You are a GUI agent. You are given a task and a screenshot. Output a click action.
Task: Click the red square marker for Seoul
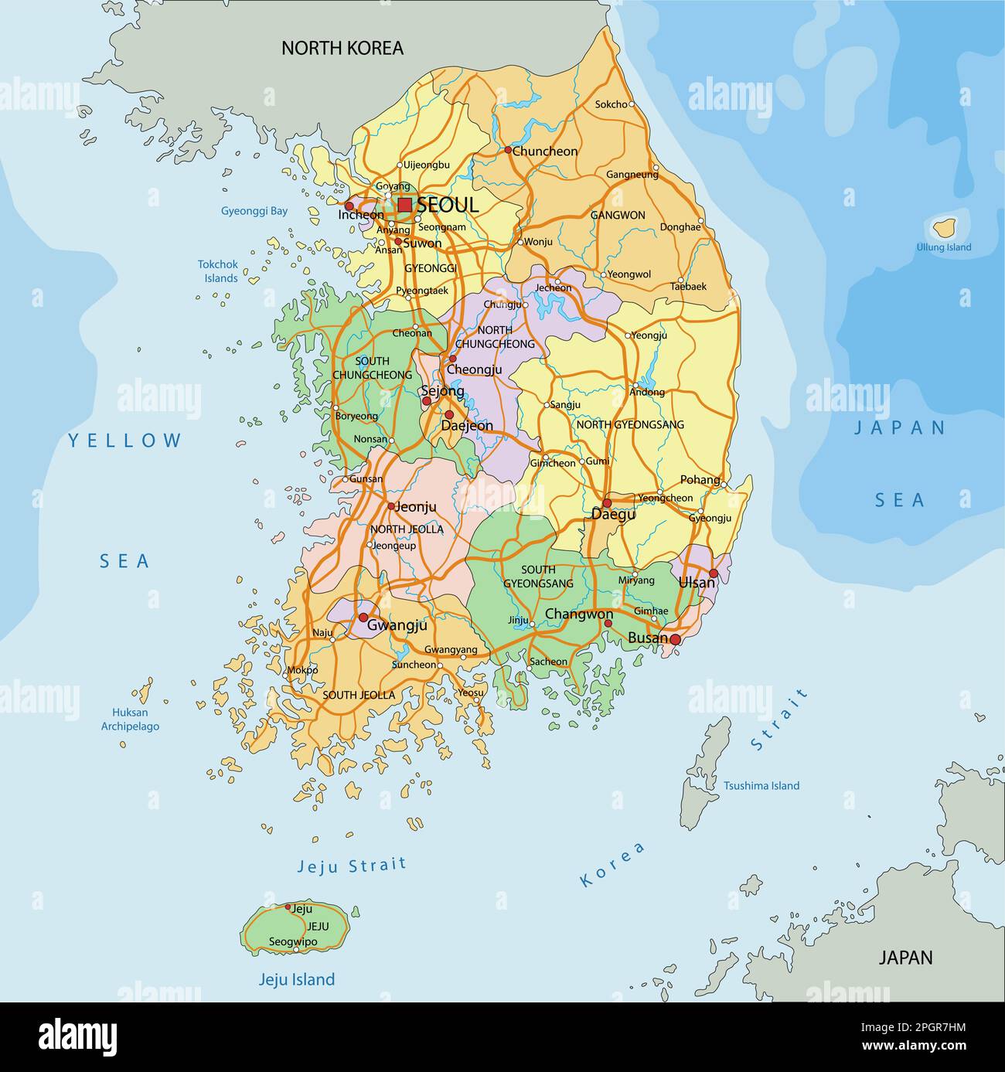click(x=405, y=205)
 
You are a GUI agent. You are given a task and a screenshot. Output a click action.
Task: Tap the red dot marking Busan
click(x=675, y=639)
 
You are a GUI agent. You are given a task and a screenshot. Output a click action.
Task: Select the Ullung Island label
click(x=943, y=247)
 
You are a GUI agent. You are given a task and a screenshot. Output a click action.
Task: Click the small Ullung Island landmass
click(x=943, y=228)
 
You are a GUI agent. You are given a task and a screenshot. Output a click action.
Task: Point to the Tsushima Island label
click(x=761, y=785)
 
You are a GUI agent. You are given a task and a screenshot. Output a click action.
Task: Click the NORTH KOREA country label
click(x=342, y=48)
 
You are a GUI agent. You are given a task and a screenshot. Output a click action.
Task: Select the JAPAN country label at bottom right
click(x=905, y=957)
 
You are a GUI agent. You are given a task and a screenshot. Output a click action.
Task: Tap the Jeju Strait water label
click(x=352, y=865)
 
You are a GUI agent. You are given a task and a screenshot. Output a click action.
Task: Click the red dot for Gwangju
click(x=363, y=618)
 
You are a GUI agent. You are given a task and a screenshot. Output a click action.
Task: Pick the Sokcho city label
click(x=611, y=104)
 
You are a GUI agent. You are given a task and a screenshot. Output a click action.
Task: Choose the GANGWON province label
click(x=618, y=215)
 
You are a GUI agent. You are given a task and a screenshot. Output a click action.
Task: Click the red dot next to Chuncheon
click(x=508, y=150)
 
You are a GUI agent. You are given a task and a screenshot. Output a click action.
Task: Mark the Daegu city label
click(x=613, y=514)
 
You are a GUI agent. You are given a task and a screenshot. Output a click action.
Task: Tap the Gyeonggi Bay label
click(x=254, y=210)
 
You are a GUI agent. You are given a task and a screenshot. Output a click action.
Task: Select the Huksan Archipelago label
click(x=130, y=719)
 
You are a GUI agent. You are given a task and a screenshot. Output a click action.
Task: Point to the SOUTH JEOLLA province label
click(x=359, y=695)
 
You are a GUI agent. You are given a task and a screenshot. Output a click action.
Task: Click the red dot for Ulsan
click(x=713, y=573)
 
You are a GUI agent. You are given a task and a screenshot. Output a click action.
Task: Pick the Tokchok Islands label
click(x=219, y=271)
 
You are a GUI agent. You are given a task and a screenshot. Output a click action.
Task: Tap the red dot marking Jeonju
click(x=391, y=507)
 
